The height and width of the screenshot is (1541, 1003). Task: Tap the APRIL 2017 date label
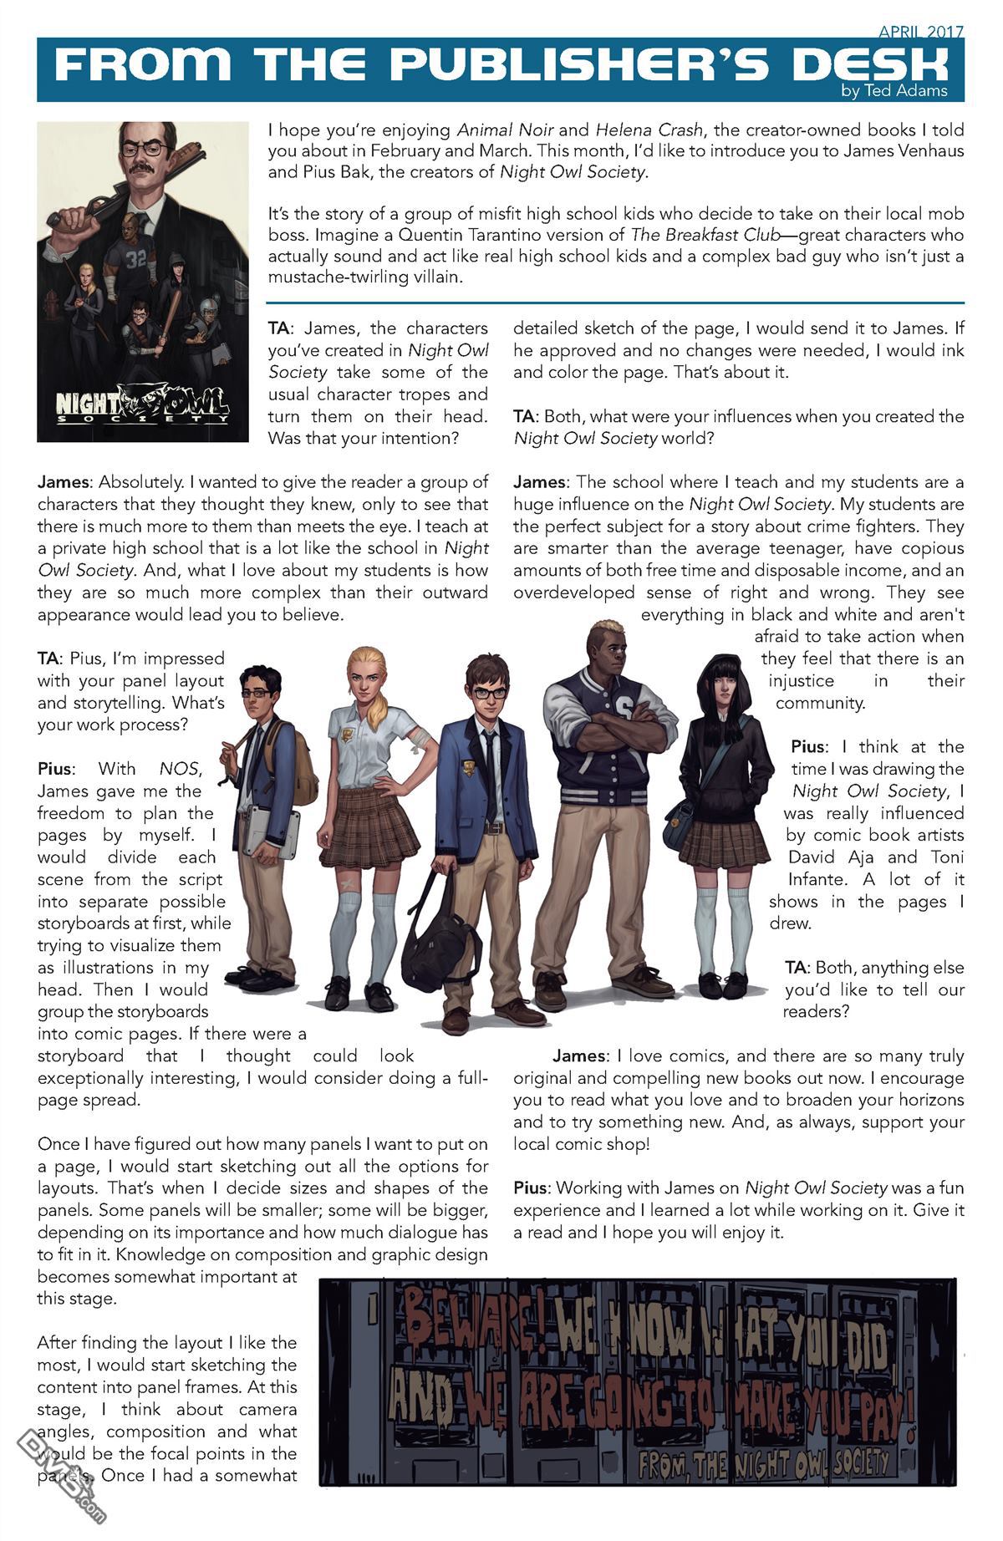click(x=921, y=32)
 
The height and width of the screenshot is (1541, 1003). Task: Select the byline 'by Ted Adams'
click(x=894, y=91)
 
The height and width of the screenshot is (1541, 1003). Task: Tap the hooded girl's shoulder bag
click(x=681, y=822)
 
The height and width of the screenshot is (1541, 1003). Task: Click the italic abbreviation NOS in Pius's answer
click(x=176, y=768)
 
